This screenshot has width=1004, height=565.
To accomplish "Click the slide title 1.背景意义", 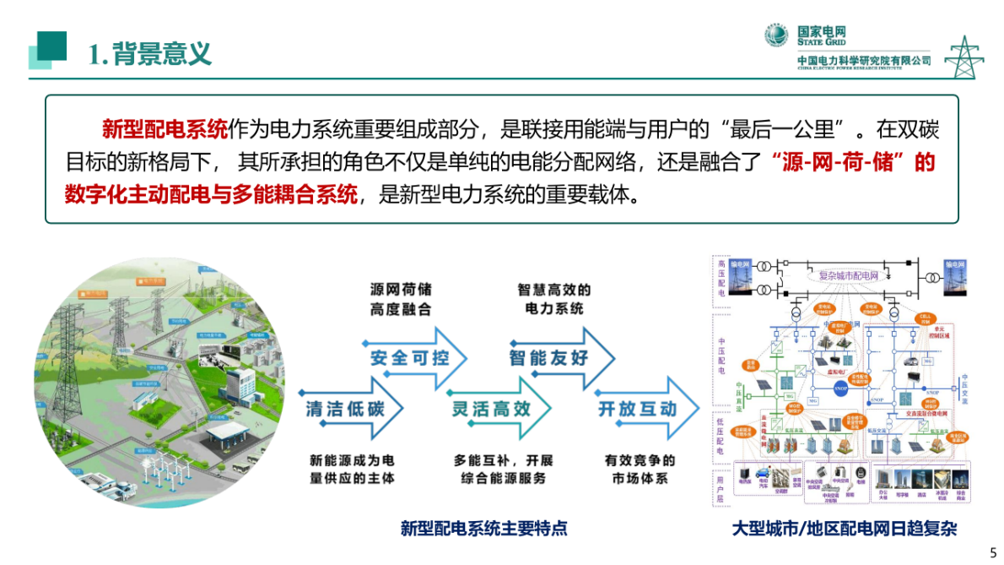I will point(149,53).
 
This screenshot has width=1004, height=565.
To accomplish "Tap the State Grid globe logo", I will point(776,35).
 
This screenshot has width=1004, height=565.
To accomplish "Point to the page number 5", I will point(992,552).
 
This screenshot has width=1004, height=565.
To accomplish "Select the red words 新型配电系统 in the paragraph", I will point(165,130).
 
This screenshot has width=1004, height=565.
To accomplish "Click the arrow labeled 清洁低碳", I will point(346,410).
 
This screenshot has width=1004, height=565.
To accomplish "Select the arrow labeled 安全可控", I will point(410,357).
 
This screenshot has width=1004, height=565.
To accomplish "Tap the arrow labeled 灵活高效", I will point(491,410).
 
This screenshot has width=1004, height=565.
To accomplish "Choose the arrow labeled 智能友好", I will point(549,357).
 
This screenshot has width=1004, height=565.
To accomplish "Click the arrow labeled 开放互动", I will point(638,410).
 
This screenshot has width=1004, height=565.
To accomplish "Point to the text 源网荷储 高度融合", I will point(401,299).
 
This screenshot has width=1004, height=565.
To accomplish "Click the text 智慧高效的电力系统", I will point(554,299).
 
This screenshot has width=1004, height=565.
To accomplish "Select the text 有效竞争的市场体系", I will point(639,470).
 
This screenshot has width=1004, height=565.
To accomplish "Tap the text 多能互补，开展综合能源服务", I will point(504,470).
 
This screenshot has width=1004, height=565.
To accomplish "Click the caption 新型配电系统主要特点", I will point(484,529).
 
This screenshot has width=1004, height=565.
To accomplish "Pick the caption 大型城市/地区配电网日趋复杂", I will point(844,529).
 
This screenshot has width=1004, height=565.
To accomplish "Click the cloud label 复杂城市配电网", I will point(849,275).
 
